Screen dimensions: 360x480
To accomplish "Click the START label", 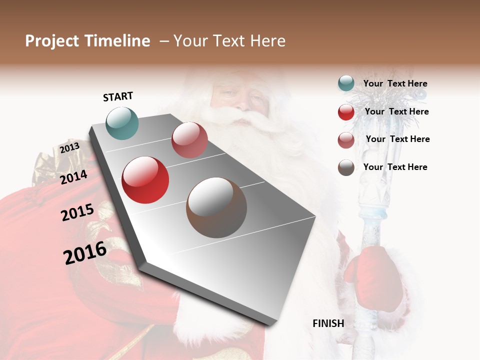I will [x=118, y=96].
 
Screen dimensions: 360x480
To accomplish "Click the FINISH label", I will [x=328, y=323].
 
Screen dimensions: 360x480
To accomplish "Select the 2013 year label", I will [x=69, y=147].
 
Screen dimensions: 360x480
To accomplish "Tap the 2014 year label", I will [x=73, y=177].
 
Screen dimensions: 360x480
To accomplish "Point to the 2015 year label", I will [x=77, y=212].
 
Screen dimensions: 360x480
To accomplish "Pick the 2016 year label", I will [x=85, y=253].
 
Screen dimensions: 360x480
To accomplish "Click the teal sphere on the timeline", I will [x=122, y=123].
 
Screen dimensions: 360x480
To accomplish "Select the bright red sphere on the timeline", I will [x=145, y=180].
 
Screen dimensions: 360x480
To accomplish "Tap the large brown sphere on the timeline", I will [x=216, y=207].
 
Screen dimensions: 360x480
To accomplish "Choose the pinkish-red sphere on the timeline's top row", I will [x=189, y=140].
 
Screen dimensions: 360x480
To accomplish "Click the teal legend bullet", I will [x=346, y=83].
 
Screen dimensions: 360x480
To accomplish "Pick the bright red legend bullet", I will [x=346, y=112].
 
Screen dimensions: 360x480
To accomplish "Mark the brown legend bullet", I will [x=346, y=167].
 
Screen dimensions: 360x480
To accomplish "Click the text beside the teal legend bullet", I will [x=395, y=84].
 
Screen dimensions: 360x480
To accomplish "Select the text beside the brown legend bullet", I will [x=395, y=167].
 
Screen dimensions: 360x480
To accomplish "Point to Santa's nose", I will [x=242, y=102].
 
